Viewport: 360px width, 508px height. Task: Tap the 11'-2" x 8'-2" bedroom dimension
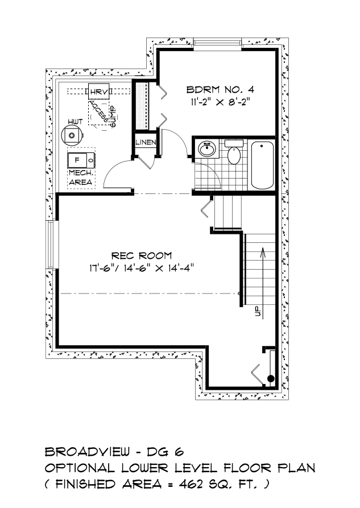pos(220,102)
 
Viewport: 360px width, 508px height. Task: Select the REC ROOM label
pos(142,256)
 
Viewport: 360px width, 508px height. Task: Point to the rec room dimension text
pos(142,269)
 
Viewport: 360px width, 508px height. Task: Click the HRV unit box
pos(99,92)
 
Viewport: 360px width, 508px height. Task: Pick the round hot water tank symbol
pos(72,135)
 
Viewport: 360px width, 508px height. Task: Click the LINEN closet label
pos(146,142)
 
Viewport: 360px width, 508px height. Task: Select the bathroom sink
pos(207,150)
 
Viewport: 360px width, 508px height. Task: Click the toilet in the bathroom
pos(234,152)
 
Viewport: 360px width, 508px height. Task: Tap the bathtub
pos(262,165)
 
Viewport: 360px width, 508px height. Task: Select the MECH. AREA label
pos(81,177)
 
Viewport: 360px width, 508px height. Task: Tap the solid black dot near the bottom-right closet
pos(270,378)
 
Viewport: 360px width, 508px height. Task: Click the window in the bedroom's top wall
pos(217,43)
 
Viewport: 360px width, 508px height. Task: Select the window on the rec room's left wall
pos(51,244)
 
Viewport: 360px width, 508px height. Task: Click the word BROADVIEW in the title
pos(88,451)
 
